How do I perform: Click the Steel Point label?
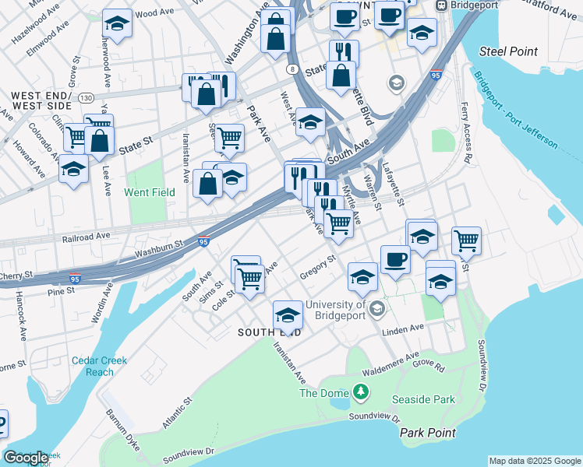[x=508, y=51]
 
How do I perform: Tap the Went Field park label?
[x=149, y=191]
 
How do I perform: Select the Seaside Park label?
[x=434, y=399]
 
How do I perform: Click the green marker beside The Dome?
[x=360, y=392]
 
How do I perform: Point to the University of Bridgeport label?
[x=336, y=310]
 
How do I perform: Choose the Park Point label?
[x=428, y=432]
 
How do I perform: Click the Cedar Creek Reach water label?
[x=99, y=366]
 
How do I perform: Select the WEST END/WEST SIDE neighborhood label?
[x=41, y=100]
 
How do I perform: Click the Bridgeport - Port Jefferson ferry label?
[x=515, y=111]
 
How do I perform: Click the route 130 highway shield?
[x=87, y=97]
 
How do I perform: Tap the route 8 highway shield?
[x=292, y=69]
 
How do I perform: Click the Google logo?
[x=26, y=458]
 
